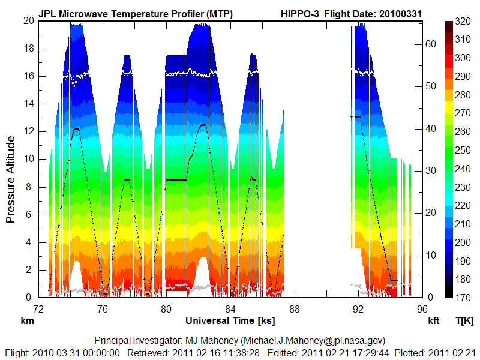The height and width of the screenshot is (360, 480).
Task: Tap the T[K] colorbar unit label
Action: (x=464, y=320)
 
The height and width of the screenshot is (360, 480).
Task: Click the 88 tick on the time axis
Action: (x=294, y=309)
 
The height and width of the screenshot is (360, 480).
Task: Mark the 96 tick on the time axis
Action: (x=422, y=309)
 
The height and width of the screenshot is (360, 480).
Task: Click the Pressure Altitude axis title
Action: (x=11, y=179)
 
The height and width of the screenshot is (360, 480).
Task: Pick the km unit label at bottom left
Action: (x=28, y=320)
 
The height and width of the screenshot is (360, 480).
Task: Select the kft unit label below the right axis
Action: (x=433, y=320)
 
